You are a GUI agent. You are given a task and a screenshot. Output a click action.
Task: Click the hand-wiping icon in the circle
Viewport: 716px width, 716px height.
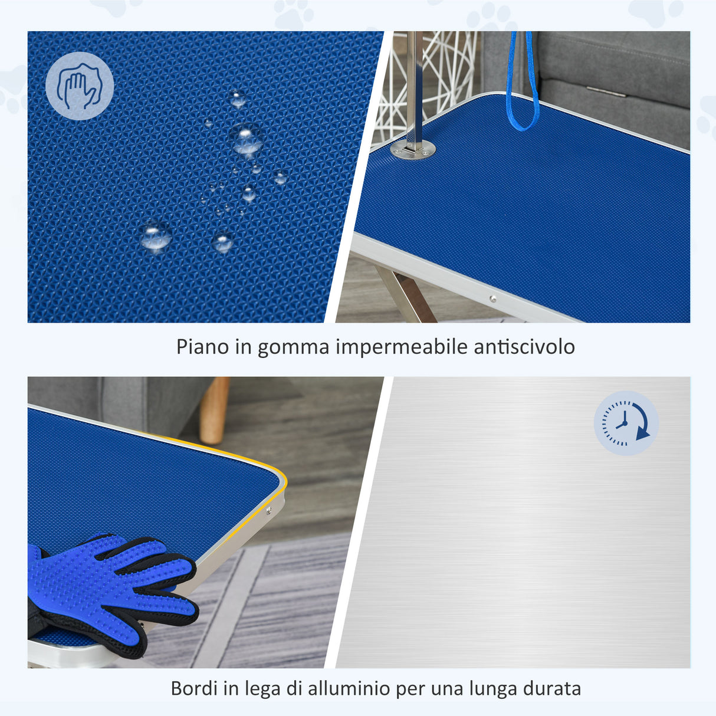[80, 86]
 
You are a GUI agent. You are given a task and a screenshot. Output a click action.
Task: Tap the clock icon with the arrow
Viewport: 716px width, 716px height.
[626, 423]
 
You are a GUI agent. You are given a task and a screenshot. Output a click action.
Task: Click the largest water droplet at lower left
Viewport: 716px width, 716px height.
[156, 236]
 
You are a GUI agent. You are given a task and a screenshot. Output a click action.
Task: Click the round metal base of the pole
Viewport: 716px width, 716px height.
[413, 149]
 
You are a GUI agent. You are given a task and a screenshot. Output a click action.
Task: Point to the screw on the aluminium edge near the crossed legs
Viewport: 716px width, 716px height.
[492, 298]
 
